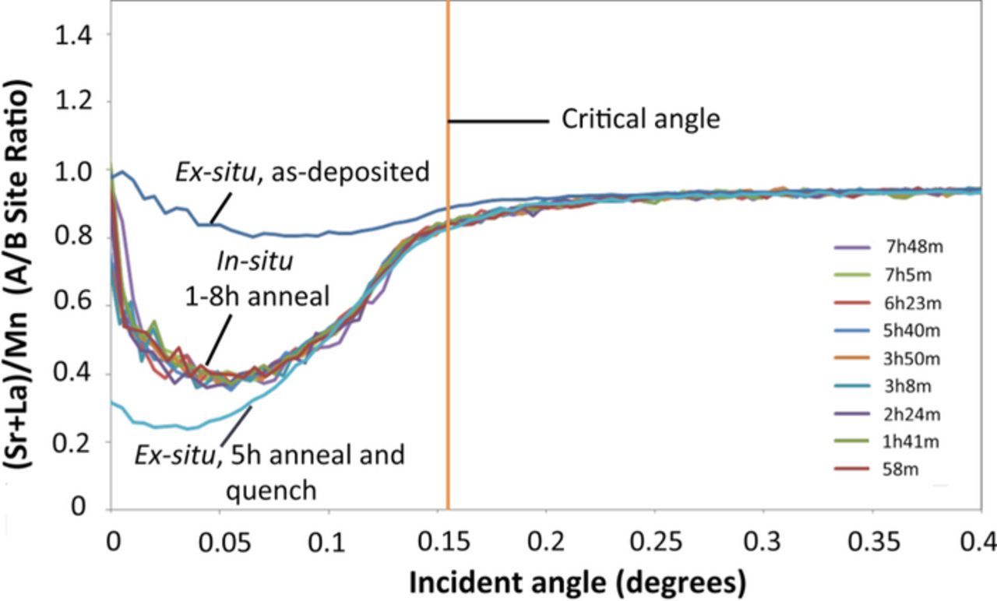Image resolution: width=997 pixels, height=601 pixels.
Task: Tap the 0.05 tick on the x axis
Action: (220, 543)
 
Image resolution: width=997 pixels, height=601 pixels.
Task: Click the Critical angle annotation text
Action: (640, 120)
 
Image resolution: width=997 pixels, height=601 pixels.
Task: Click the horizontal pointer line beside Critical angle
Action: (498, 121)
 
